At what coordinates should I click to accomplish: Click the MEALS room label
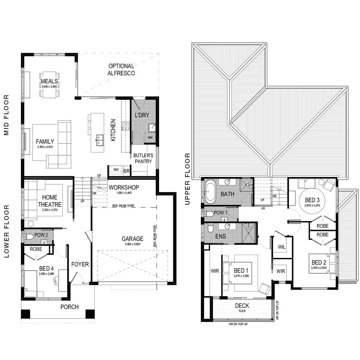click(x=49, y=81)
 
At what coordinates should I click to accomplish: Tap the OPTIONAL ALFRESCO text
click(x=121, y=69)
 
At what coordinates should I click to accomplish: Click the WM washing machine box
click(x=150, y=137)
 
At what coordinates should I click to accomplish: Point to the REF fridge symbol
click(x=116, y=170)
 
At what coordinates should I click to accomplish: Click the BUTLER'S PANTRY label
click(x=143, y=158)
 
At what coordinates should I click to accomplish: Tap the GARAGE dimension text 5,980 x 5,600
click(x=132, y=244)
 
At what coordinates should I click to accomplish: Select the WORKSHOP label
click(x=124, y=188)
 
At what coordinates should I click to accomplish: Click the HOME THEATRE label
click(x=50, y=201)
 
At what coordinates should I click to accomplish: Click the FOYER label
click(x=80, y=264)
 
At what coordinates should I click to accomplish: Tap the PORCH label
click(x=70, y=307)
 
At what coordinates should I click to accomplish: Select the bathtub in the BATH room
click(x=210, y=192)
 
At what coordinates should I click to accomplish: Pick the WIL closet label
click(x=282, y=247)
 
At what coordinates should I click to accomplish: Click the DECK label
click(x=242, y=306)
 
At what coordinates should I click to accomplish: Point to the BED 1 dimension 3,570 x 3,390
click(x=241, y=276)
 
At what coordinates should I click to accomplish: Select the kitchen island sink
click(x=99, y=138)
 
